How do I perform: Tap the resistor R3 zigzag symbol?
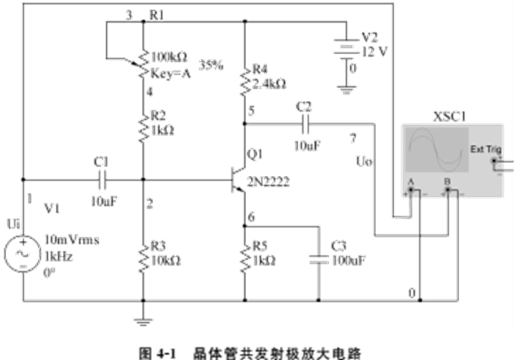(143, 256)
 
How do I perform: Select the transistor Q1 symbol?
(237, 181)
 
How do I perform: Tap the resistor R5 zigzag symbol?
(244, 256)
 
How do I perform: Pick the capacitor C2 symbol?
(304, 124)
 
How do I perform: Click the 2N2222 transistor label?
(266, 181)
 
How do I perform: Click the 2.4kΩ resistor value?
(268, 84)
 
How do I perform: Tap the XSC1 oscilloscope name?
(448, 116)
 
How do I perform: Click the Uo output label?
(363, 162)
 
